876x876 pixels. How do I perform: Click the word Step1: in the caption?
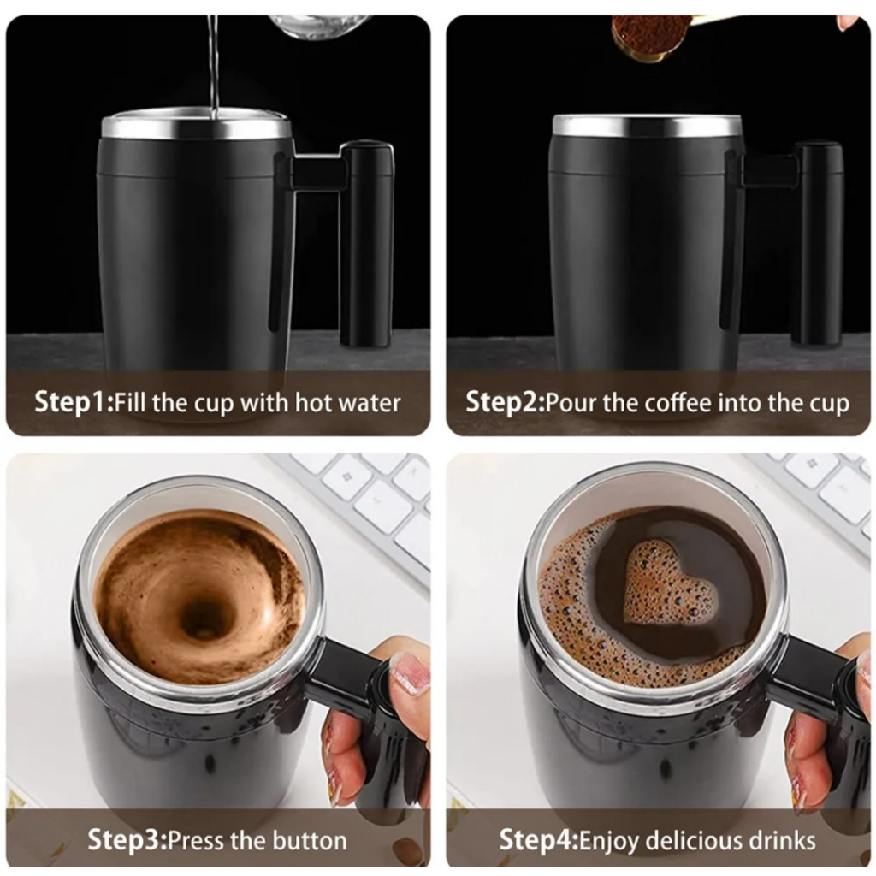point(74,402)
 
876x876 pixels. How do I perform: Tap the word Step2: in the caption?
point(505,402)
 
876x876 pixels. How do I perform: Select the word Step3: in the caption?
point(127,840)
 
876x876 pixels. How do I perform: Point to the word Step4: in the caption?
point(539,840)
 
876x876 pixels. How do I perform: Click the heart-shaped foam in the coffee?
point(667,581)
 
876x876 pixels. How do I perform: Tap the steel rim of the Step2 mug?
point(647,126)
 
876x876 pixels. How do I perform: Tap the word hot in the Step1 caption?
point(311,402)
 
